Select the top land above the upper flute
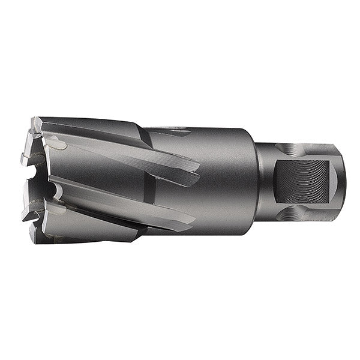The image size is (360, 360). pos(96,127)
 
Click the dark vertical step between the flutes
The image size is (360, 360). pos(148,180)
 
